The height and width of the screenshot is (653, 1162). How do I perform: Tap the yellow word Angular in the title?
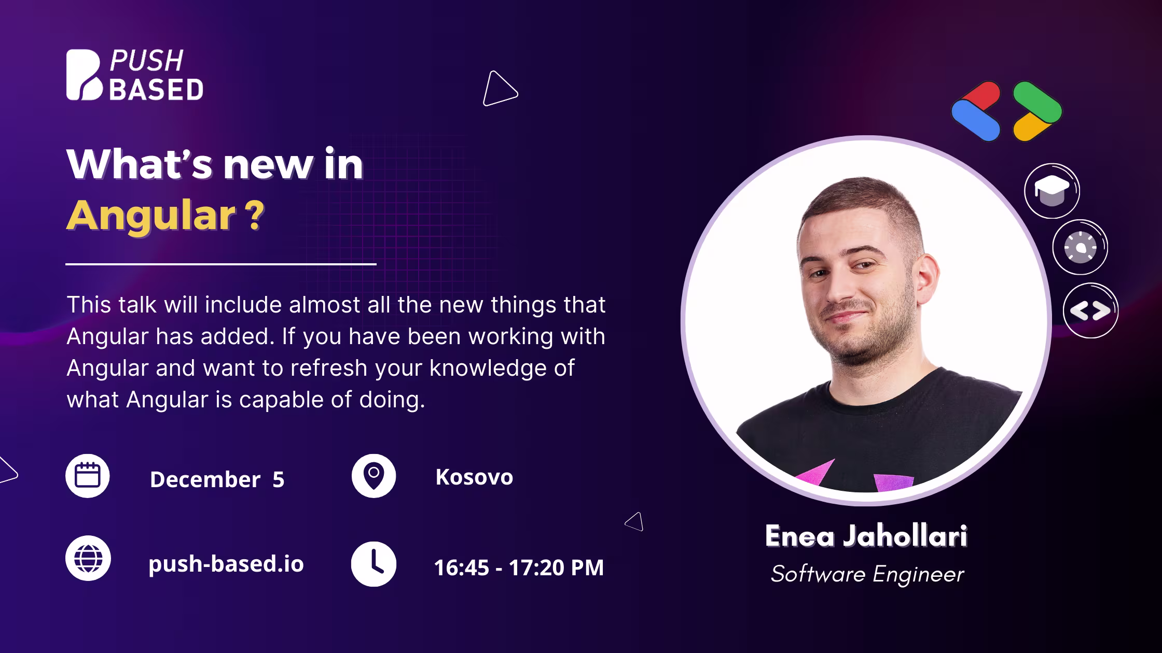(x=151, y=215)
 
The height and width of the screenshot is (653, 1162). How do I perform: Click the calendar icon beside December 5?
(x=88, y=476)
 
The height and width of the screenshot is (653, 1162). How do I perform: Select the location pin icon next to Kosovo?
(x=374, y=476)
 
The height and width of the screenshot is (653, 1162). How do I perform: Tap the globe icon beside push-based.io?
(x=88, y=558)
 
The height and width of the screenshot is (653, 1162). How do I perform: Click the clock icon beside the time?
(x=374, y=564)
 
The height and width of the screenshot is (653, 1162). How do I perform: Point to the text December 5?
(x=217, y=479)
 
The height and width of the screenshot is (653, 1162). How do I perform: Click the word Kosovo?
(x=474, y=477)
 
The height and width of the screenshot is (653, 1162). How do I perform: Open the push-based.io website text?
(x=226, y=564)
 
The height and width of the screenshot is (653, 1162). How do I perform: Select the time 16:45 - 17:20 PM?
(x=519, y=567)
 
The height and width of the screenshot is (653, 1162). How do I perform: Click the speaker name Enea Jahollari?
(x=866, y=536)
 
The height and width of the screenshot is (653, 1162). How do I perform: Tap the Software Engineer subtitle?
(x=867, y=574)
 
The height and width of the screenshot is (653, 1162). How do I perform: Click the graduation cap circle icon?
(x=1052, y=190)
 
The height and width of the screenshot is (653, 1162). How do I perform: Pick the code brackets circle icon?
(x=1090, y=310)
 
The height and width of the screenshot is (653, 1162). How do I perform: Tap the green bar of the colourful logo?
(x=1037, y=102)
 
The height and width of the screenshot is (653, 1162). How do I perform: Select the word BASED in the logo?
(x=156, y=89)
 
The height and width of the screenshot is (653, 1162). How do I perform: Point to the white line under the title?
(x=221, y=264)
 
